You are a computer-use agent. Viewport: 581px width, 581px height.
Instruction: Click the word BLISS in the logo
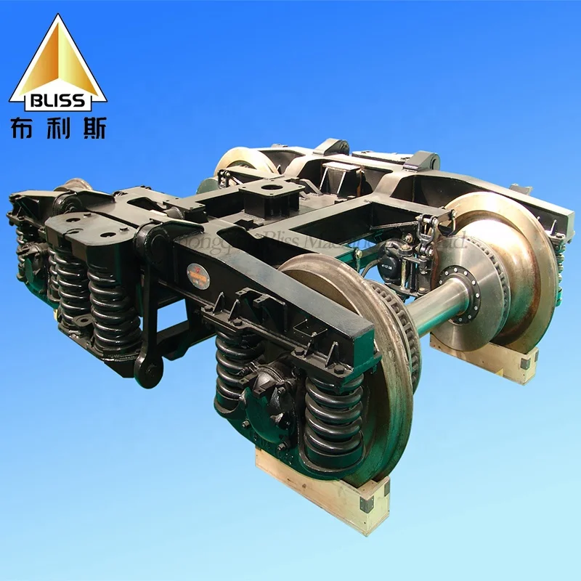[x=57, y=99]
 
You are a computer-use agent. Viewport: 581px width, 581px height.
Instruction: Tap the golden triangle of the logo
[x=57, y=58]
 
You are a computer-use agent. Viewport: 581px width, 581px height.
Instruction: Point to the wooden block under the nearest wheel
[x=320, y=490]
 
